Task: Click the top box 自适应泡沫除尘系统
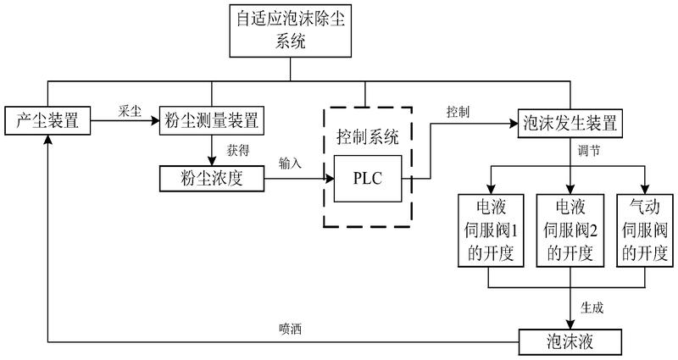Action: click(290, 30)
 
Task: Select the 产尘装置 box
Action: click(47, 120)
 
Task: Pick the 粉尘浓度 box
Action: click(207, 179)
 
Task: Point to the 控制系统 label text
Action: click(366, 136)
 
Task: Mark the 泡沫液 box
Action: click(570, 342)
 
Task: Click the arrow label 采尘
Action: click(130, 111)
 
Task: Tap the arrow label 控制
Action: click(458, 111)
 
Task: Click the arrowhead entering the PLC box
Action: click(330, 179)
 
